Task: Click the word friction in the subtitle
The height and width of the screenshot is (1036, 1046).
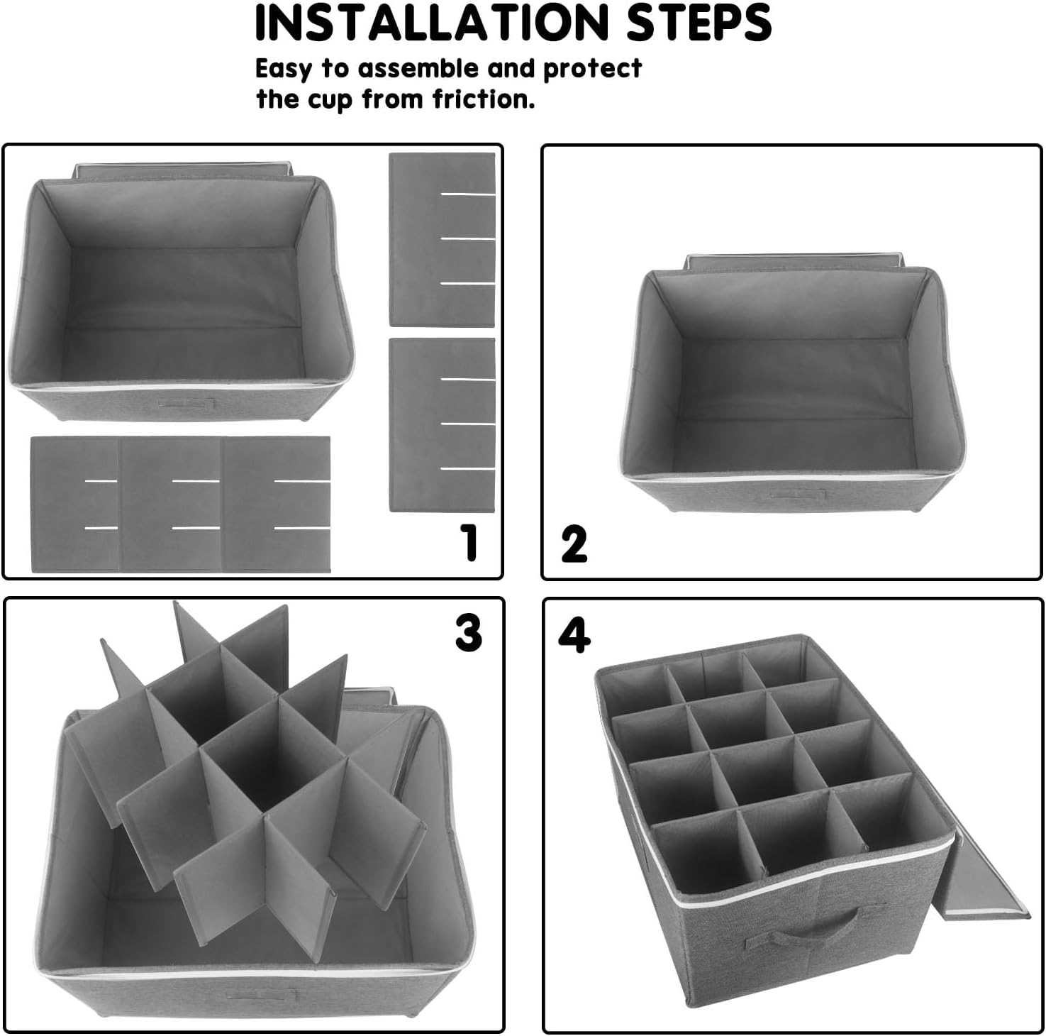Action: click(484, 99)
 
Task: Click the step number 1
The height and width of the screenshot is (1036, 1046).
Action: click(469, 543)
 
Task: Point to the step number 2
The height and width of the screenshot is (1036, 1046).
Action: click(574, 545)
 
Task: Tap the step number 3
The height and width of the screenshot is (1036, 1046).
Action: click(468, 632)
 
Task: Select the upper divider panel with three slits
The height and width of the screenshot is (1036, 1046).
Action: click(442, 239)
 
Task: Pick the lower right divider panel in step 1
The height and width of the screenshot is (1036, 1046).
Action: click(442, 425)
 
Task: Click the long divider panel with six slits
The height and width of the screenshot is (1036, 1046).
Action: click(181, 505)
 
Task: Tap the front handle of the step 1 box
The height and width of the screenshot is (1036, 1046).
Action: click(187, 403)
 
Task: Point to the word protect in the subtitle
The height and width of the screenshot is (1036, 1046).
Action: click(592, 69)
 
